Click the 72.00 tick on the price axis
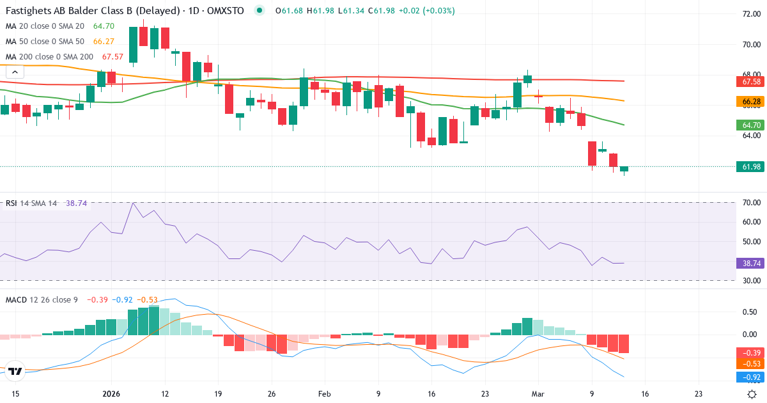(x=747, y=13)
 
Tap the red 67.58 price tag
(x=748, y=82)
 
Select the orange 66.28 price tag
(x=748, y=102)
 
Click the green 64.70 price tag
(x=748, y=125)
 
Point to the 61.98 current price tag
(x=748, y=167)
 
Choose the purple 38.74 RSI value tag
(x=748, y=263)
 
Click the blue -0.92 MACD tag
(x=748, y=377)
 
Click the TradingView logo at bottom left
(x=16, y=371)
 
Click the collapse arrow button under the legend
(x=14, y=72)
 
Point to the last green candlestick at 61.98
(x=624, y=169)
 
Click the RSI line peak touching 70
(x=133, y=203)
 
